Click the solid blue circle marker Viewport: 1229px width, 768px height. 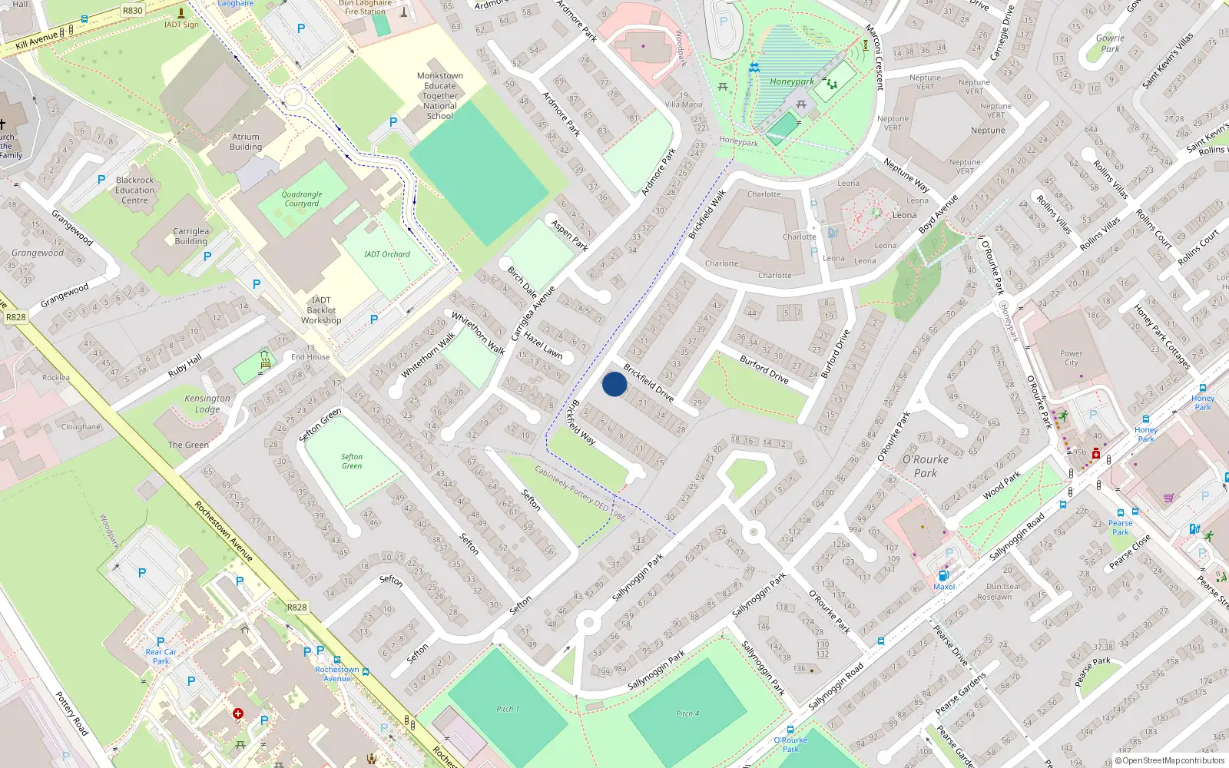click(x=614, y=384)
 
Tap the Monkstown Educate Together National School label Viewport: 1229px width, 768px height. click(x=440, y=96)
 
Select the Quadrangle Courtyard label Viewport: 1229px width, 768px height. click(x=302, y=199)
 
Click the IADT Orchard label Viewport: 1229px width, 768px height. click(x=387, y=254)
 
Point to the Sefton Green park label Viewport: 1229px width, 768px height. click(x=352, y=461)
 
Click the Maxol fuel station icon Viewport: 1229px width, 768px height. click(x=943, y=575)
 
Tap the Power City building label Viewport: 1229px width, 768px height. click(x=1071, y=358)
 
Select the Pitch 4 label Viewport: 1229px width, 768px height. click(x=687, y=713)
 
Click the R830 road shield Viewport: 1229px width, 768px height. click(x=133, y=10)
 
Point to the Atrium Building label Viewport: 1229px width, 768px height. click(x=246, y=142)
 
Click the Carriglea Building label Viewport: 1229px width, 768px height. click(x=190, y=236)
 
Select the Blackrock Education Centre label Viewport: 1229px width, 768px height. click(x=134, y=190)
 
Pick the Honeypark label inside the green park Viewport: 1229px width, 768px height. click(x=792, y=81)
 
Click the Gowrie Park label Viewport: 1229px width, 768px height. click(x=1110, y=43)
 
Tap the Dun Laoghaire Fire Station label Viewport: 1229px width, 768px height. click(x=365, y=7)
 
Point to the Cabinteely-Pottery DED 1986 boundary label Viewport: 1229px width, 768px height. click(x=580, y=494)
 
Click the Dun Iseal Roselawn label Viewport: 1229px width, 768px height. click(x=1003, y=591)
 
